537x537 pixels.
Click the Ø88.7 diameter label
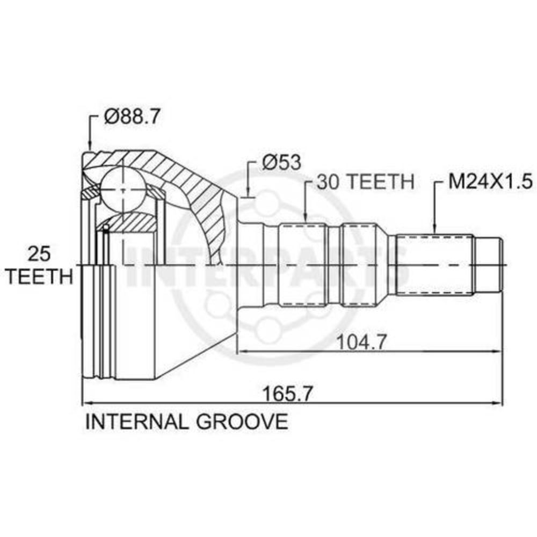(132, 117)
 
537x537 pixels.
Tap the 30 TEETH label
(365, 182)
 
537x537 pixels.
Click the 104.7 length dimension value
(362, 342)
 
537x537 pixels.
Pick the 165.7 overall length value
(288, 394)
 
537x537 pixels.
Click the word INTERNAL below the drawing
(136, 422)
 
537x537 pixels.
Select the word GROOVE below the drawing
(242, 422)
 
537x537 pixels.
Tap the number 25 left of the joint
(39, 254)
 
